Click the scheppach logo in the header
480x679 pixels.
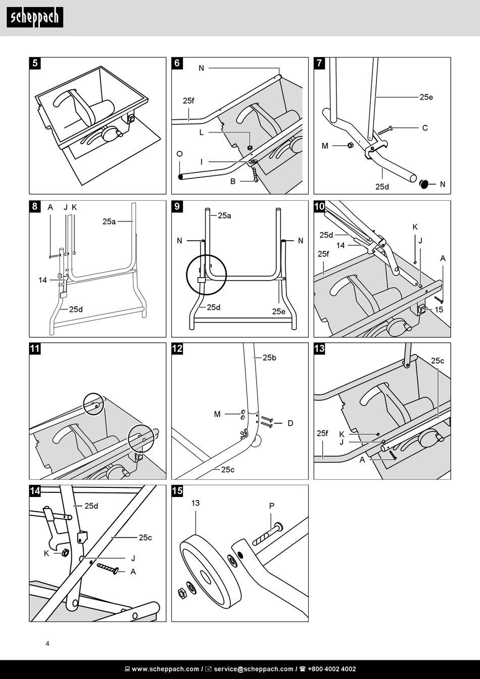35,18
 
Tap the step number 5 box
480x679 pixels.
35,63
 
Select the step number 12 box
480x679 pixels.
177,348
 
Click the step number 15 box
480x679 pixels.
177,491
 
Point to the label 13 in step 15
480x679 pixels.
196,503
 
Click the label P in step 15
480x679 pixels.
271,506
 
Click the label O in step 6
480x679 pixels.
179,154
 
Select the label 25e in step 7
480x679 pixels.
426,97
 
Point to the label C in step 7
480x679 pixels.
425,128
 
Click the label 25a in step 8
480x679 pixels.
109,221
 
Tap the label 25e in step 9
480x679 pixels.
279,311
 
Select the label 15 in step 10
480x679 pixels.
439,309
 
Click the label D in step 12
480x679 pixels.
290,423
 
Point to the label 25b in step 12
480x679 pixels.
269,358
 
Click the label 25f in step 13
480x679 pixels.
322,433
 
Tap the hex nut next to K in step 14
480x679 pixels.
65,553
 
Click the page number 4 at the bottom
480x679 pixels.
47,644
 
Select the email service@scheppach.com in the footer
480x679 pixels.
253,669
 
